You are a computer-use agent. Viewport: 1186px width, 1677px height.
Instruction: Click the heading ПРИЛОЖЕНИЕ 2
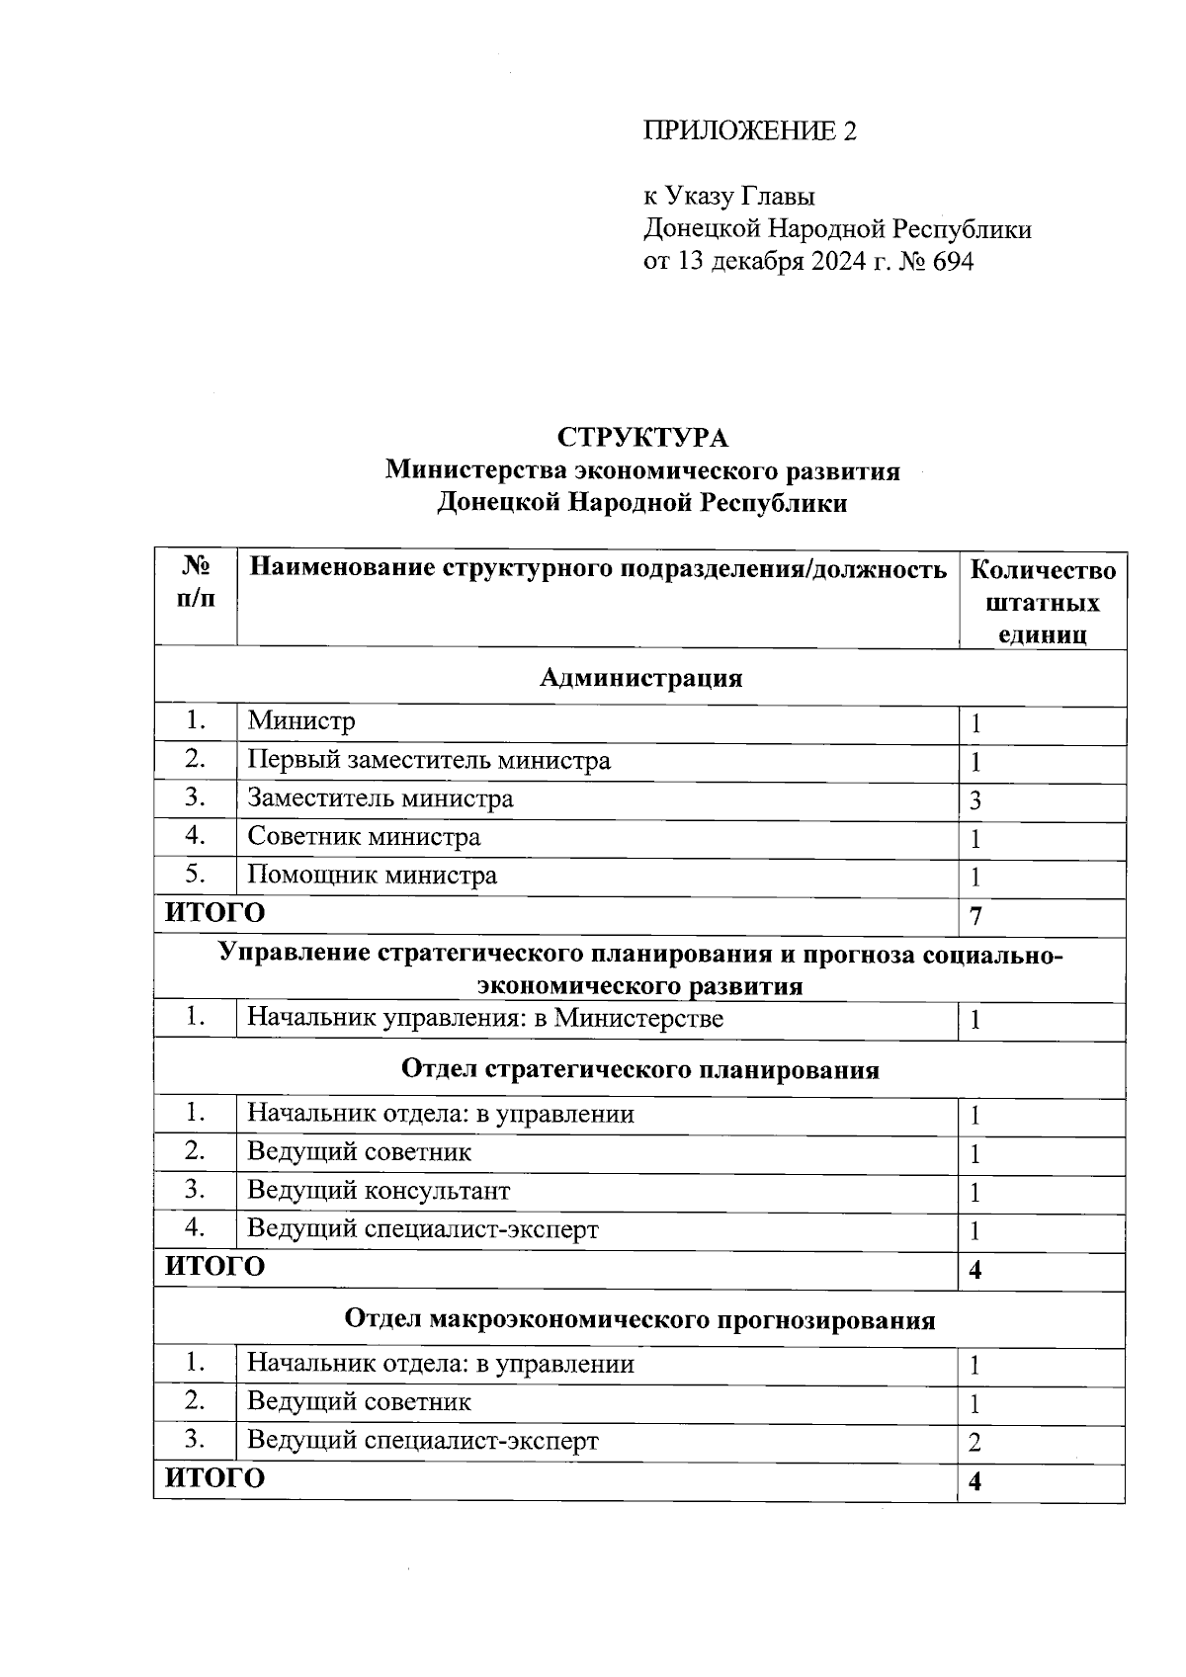coord(749,131)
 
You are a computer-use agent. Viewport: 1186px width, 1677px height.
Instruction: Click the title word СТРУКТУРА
coord(642,437)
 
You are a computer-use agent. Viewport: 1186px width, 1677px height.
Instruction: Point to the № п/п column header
coord(196,583)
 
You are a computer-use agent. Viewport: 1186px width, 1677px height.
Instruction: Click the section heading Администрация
coord(640,678)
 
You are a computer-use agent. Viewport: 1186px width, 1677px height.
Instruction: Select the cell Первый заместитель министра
coord(428,760)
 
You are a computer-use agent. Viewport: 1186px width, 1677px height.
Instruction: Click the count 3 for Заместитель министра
coord(974,801)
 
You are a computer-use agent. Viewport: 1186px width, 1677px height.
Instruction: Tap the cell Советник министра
coord(364,837)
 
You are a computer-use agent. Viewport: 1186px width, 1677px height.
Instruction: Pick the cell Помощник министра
coord(372,876)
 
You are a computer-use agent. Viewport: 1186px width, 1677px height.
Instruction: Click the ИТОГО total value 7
coord(975,917)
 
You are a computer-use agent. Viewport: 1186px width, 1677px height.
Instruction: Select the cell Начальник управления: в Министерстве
coord(484,1018)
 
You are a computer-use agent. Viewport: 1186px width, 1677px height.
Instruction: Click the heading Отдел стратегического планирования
coord(640,1070)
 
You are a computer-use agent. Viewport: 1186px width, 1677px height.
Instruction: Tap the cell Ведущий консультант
coord(379,1191)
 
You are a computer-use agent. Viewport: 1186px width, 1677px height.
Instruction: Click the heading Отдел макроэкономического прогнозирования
coord(640,1320)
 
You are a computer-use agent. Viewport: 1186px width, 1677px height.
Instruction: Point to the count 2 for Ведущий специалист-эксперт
coord(974,1444)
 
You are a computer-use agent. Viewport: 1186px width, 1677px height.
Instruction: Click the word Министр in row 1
coord(300,721)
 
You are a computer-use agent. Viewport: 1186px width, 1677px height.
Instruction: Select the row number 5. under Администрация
coord(196,875)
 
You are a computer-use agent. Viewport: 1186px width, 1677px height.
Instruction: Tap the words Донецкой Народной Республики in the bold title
coord(642,503)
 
